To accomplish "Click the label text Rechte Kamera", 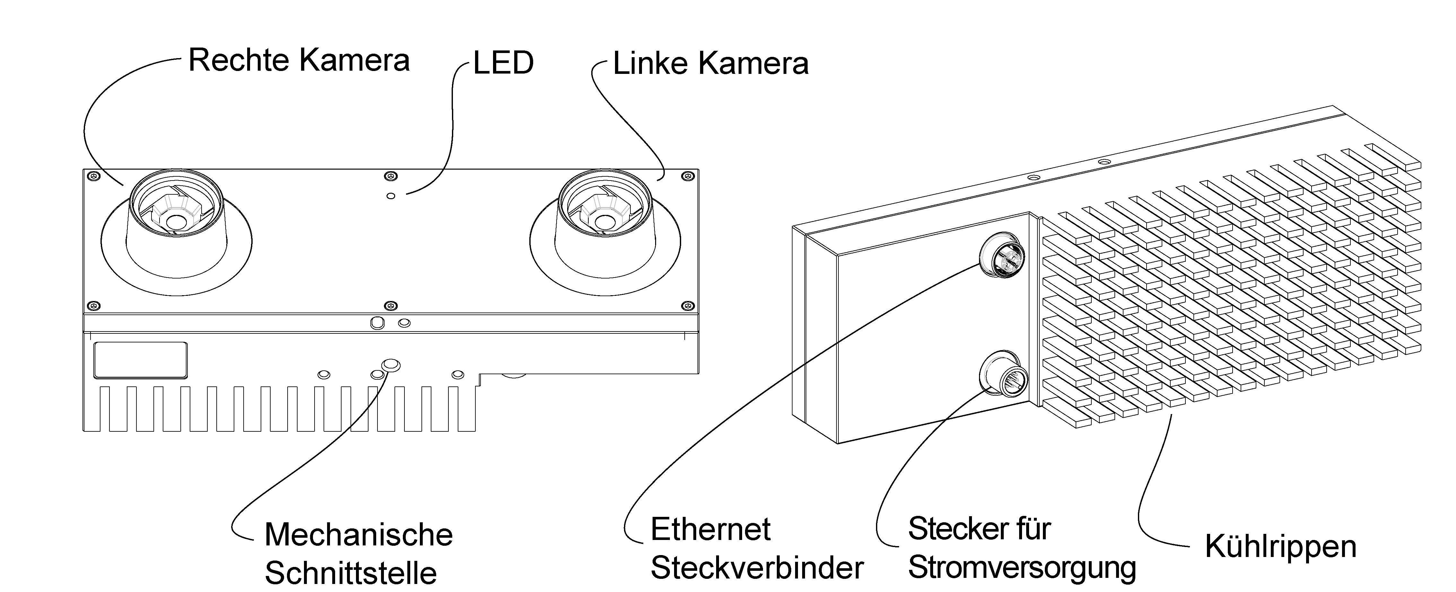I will coord(299,60).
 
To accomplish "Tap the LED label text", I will coord(503,63).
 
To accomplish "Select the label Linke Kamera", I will coord(710,63).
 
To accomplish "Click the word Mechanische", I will coord(358,535).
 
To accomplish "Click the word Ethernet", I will coord(710,529).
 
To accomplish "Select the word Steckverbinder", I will coord(757,568).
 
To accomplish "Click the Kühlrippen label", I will coord(1280,547).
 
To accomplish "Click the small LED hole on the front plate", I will coord(391,196).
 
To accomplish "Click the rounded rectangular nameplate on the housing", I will coord(140,360).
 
